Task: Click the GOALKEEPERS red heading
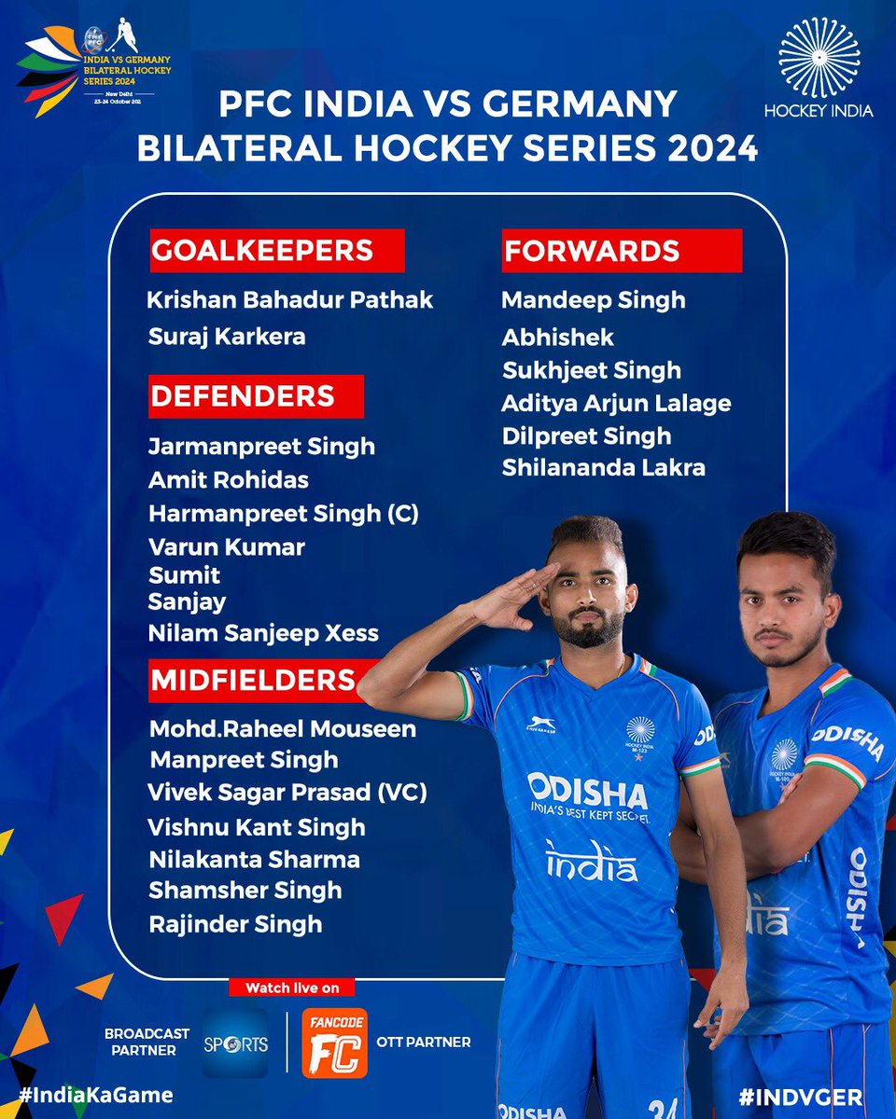(276, 250)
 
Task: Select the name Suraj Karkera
(227, 336)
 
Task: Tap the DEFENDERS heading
(255, 395)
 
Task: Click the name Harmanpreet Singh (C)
(284, 513)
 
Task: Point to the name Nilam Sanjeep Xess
(263, 633)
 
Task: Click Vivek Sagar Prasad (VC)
(287, 793)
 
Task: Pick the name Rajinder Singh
(235, 924)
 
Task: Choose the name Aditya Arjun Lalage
(616, 403)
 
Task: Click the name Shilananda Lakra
(603, 467)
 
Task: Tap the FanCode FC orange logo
(335, 1043)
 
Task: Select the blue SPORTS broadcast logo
(235, 1043)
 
